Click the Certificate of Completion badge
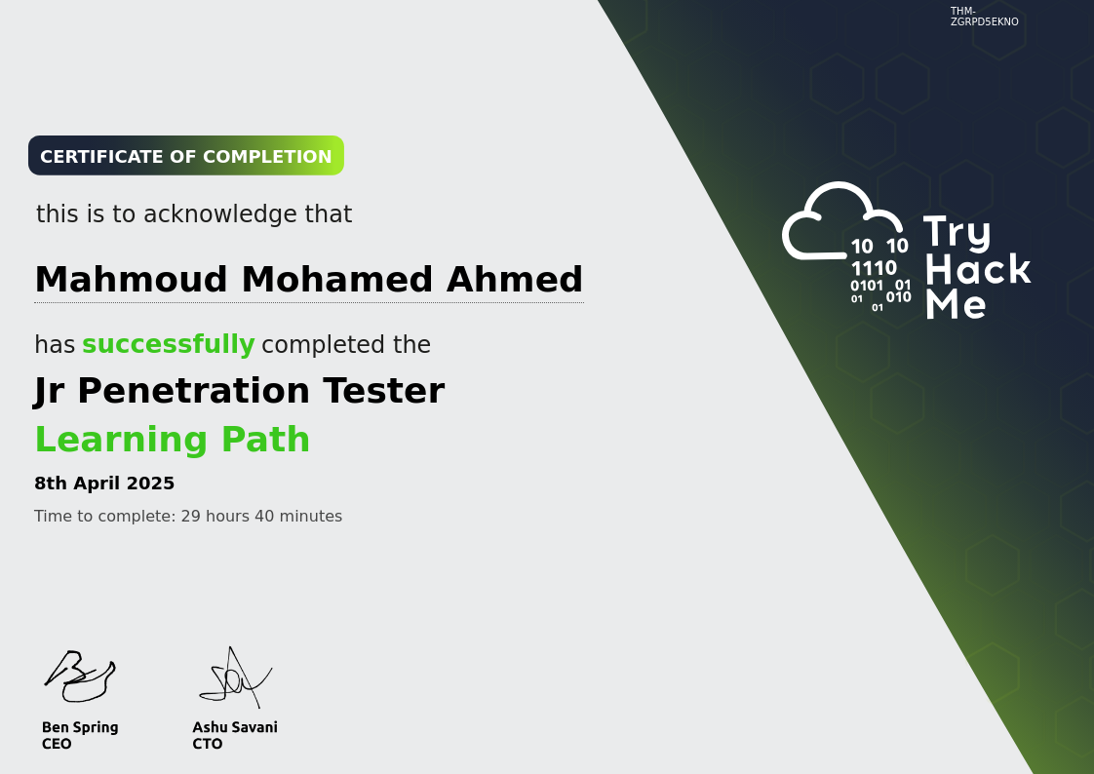pyautogui.click(x=185, y=156)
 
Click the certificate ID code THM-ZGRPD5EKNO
pyautogui.click(x=984, y=17)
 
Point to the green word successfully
pyautogui.click(x=168, y=345)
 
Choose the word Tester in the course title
pyautogui.click(x=383, y=391)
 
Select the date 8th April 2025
pyautogui.click(x=104, y=484)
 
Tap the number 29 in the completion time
pyautogui.click(x=190, y=517)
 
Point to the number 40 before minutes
pyautogui.click(x=264, y=517)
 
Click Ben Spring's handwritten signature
pyautogui.click(x=80, y=676)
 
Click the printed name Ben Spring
pyautogui.click(x=80, y=727)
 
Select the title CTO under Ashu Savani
pyautogui.click(x=207, y=744)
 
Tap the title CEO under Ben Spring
pyautogui.click(x=57, y=744)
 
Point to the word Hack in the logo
pyautogui.click(x=977, y=269)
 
